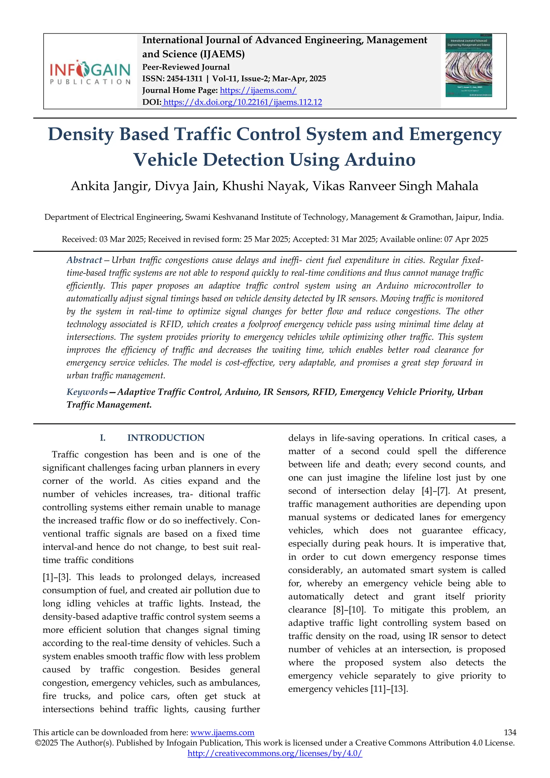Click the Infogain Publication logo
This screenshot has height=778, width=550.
pyautogui.click(x=90, y=73)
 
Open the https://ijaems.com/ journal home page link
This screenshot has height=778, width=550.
pyautogui.click(x=258, y=90)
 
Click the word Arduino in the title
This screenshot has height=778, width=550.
pyautogui.click(x=380, y=160)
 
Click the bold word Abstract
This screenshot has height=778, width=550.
pyautogui.click(x=84, y=260)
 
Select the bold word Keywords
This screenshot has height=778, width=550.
pyautogui.click(x=87, y=392)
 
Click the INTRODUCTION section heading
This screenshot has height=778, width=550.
pyautogui.click(x=166, y=438)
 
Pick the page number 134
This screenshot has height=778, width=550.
pyautogui.click(x=510, y=733)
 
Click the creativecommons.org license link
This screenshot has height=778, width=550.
pyautogui.click(x=275, y=754)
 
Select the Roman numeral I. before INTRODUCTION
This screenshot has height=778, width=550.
pyautogui.click(x=103, y=438)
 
